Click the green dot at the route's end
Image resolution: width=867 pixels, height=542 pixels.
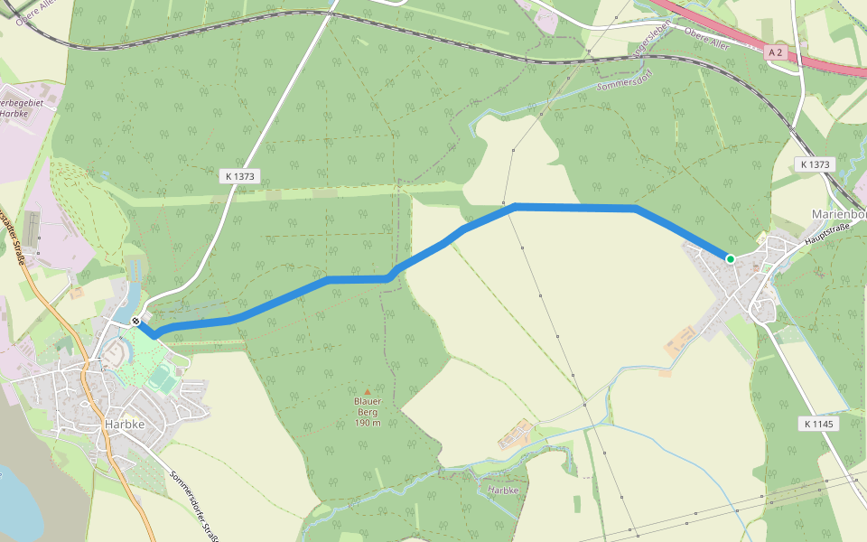click(730, 259)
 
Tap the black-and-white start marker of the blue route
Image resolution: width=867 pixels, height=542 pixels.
click(135, 321)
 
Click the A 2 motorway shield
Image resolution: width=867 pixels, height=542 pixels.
click(774, 53)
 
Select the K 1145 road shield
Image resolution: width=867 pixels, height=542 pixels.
click(819, 424)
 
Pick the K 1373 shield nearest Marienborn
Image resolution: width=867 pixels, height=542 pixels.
click(815, 164)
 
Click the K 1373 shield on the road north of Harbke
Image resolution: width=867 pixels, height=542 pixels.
click(239, 177)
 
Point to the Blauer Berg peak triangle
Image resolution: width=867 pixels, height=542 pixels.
click(367, 391)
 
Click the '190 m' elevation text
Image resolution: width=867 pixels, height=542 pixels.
click(368, 424)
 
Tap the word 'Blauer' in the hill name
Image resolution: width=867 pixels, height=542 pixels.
click(368, 401)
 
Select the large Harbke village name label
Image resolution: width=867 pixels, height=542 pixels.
click(126, 424)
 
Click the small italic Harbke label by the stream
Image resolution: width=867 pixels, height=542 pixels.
click(502, 490)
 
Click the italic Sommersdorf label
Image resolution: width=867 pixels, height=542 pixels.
click(622, 86)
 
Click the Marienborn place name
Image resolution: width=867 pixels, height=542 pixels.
click(839, 214)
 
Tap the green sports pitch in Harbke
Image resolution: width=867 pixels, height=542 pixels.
click(162, 376)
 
